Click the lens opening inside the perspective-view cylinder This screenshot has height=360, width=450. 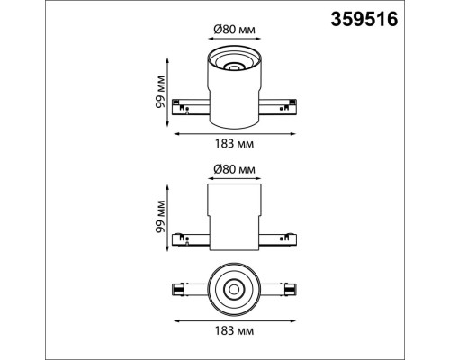(234, 67)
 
